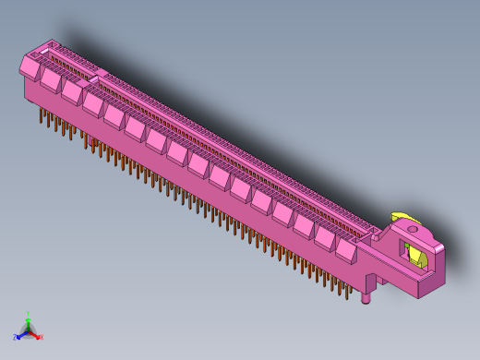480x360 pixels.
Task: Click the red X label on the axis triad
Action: click(42, 337)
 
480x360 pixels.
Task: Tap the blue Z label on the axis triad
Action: click(16, 337)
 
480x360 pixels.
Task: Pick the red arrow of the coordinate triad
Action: click(35, 334)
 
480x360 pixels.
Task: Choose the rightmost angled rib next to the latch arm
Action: click(346, 247)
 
